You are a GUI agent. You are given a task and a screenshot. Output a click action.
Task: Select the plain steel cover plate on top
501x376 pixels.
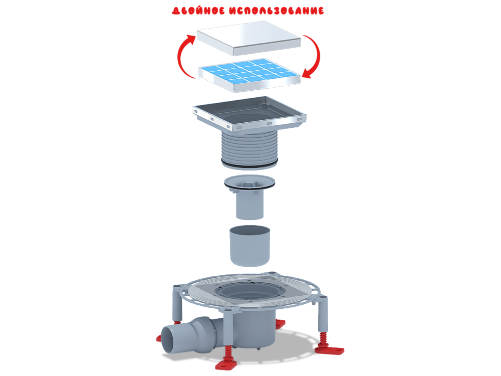tap(249, 40)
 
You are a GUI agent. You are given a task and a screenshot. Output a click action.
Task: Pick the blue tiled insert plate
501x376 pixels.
tap(249, 74)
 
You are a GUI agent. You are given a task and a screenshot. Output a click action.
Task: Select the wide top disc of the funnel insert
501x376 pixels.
tap(249, 182)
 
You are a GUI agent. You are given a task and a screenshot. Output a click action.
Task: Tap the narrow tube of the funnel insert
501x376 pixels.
tap(249, 206)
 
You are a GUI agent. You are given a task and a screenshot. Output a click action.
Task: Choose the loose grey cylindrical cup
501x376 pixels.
tap(249, 246)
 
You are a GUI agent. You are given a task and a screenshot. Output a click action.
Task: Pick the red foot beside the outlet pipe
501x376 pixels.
tap(158, 338)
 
